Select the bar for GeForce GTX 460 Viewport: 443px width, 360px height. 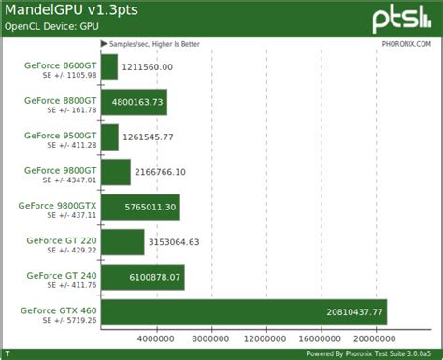pos(243,312)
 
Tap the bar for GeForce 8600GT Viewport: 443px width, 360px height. pos(109,67)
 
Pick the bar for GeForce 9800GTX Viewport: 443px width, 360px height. pos(140,207)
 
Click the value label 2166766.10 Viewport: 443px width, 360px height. pos(161,172)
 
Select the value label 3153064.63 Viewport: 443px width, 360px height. pos(174,242)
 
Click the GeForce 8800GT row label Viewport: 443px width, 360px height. pos(62,98)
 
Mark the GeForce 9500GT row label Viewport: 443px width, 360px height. pos(62,134)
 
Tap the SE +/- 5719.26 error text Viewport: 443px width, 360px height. pos(70,319)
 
